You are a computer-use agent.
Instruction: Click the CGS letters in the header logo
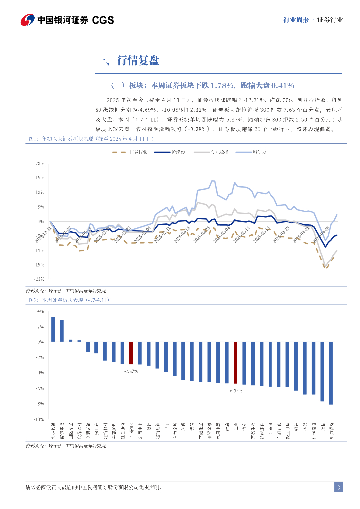(x=103, y=20)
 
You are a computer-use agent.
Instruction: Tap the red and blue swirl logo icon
(x=27, y=20)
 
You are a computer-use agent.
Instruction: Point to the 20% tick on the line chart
(x=40, y=163)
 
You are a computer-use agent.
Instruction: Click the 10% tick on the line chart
(x=40, y=192)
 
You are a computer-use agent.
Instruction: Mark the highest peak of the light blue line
(x=213, y=181)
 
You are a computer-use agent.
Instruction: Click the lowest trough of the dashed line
(x=326, y=268)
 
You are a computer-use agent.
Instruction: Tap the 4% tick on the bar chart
(x=41, y=311)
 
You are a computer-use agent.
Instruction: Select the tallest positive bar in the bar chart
(x=53, y=329)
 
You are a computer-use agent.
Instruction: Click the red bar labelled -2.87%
(x=131, y=353)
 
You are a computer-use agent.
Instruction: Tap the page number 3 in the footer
(x=338, y=487)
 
